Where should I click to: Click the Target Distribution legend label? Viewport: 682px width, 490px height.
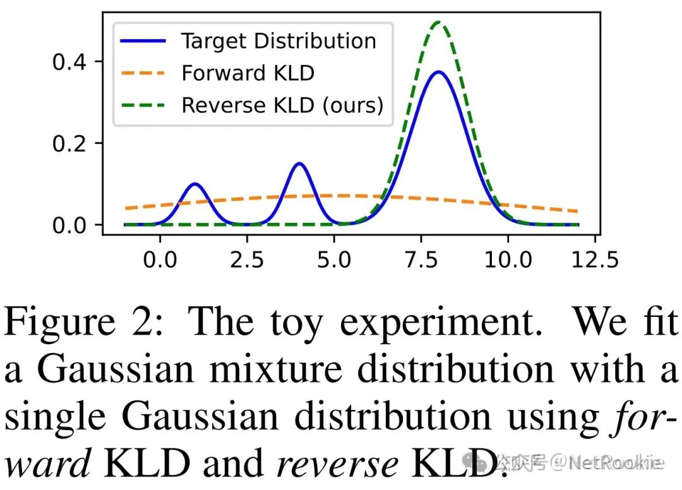pos(278,42)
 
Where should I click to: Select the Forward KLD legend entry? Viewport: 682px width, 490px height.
pos(248,73)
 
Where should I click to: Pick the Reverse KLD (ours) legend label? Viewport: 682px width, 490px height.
pos(282,105)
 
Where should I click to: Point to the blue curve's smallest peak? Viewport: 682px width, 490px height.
pos(194,184)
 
